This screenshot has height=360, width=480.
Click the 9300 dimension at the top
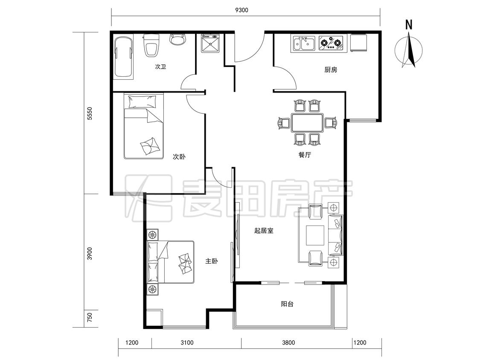click(241, 10)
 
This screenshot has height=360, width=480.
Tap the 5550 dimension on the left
click(90, 113)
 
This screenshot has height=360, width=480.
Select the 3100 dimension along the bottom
click(187, 343)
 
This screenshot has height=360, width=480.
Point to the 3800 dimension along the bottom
click(288, 343)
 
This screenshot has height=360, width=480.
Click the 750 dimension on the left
click(90, 317)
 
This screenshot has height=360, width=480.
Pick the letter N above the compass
click(409, 25)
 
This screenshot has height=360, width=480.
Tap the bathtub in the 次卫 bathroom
click(124, 57)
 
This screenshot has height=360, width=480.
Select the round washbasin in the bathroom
click(178, 39)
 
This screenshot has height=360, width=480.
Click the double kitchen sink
click(304, 44)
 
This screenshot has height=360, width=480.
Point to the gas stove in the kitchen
click(331, 43)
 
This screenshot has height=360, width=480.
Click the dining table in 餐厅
click(307, 122)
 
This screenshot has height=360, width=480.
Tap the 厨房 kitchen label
click(331, 70)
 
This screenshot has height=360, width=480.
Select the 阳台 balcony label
click(287, 304)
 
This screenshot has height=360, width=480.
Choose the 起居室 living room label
click(264, 230)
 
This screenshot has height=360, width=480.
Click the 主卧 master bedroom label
click(212, 261)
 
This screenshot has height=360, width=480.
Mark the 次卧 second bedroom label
click(179, 157)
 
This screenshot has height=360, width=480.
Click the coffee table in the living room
click(315, 235)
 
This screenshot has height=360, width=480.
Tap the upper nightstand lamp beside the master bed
click(152, 235)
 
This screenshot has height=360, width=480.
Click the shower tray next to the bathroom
click(210, 44)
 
